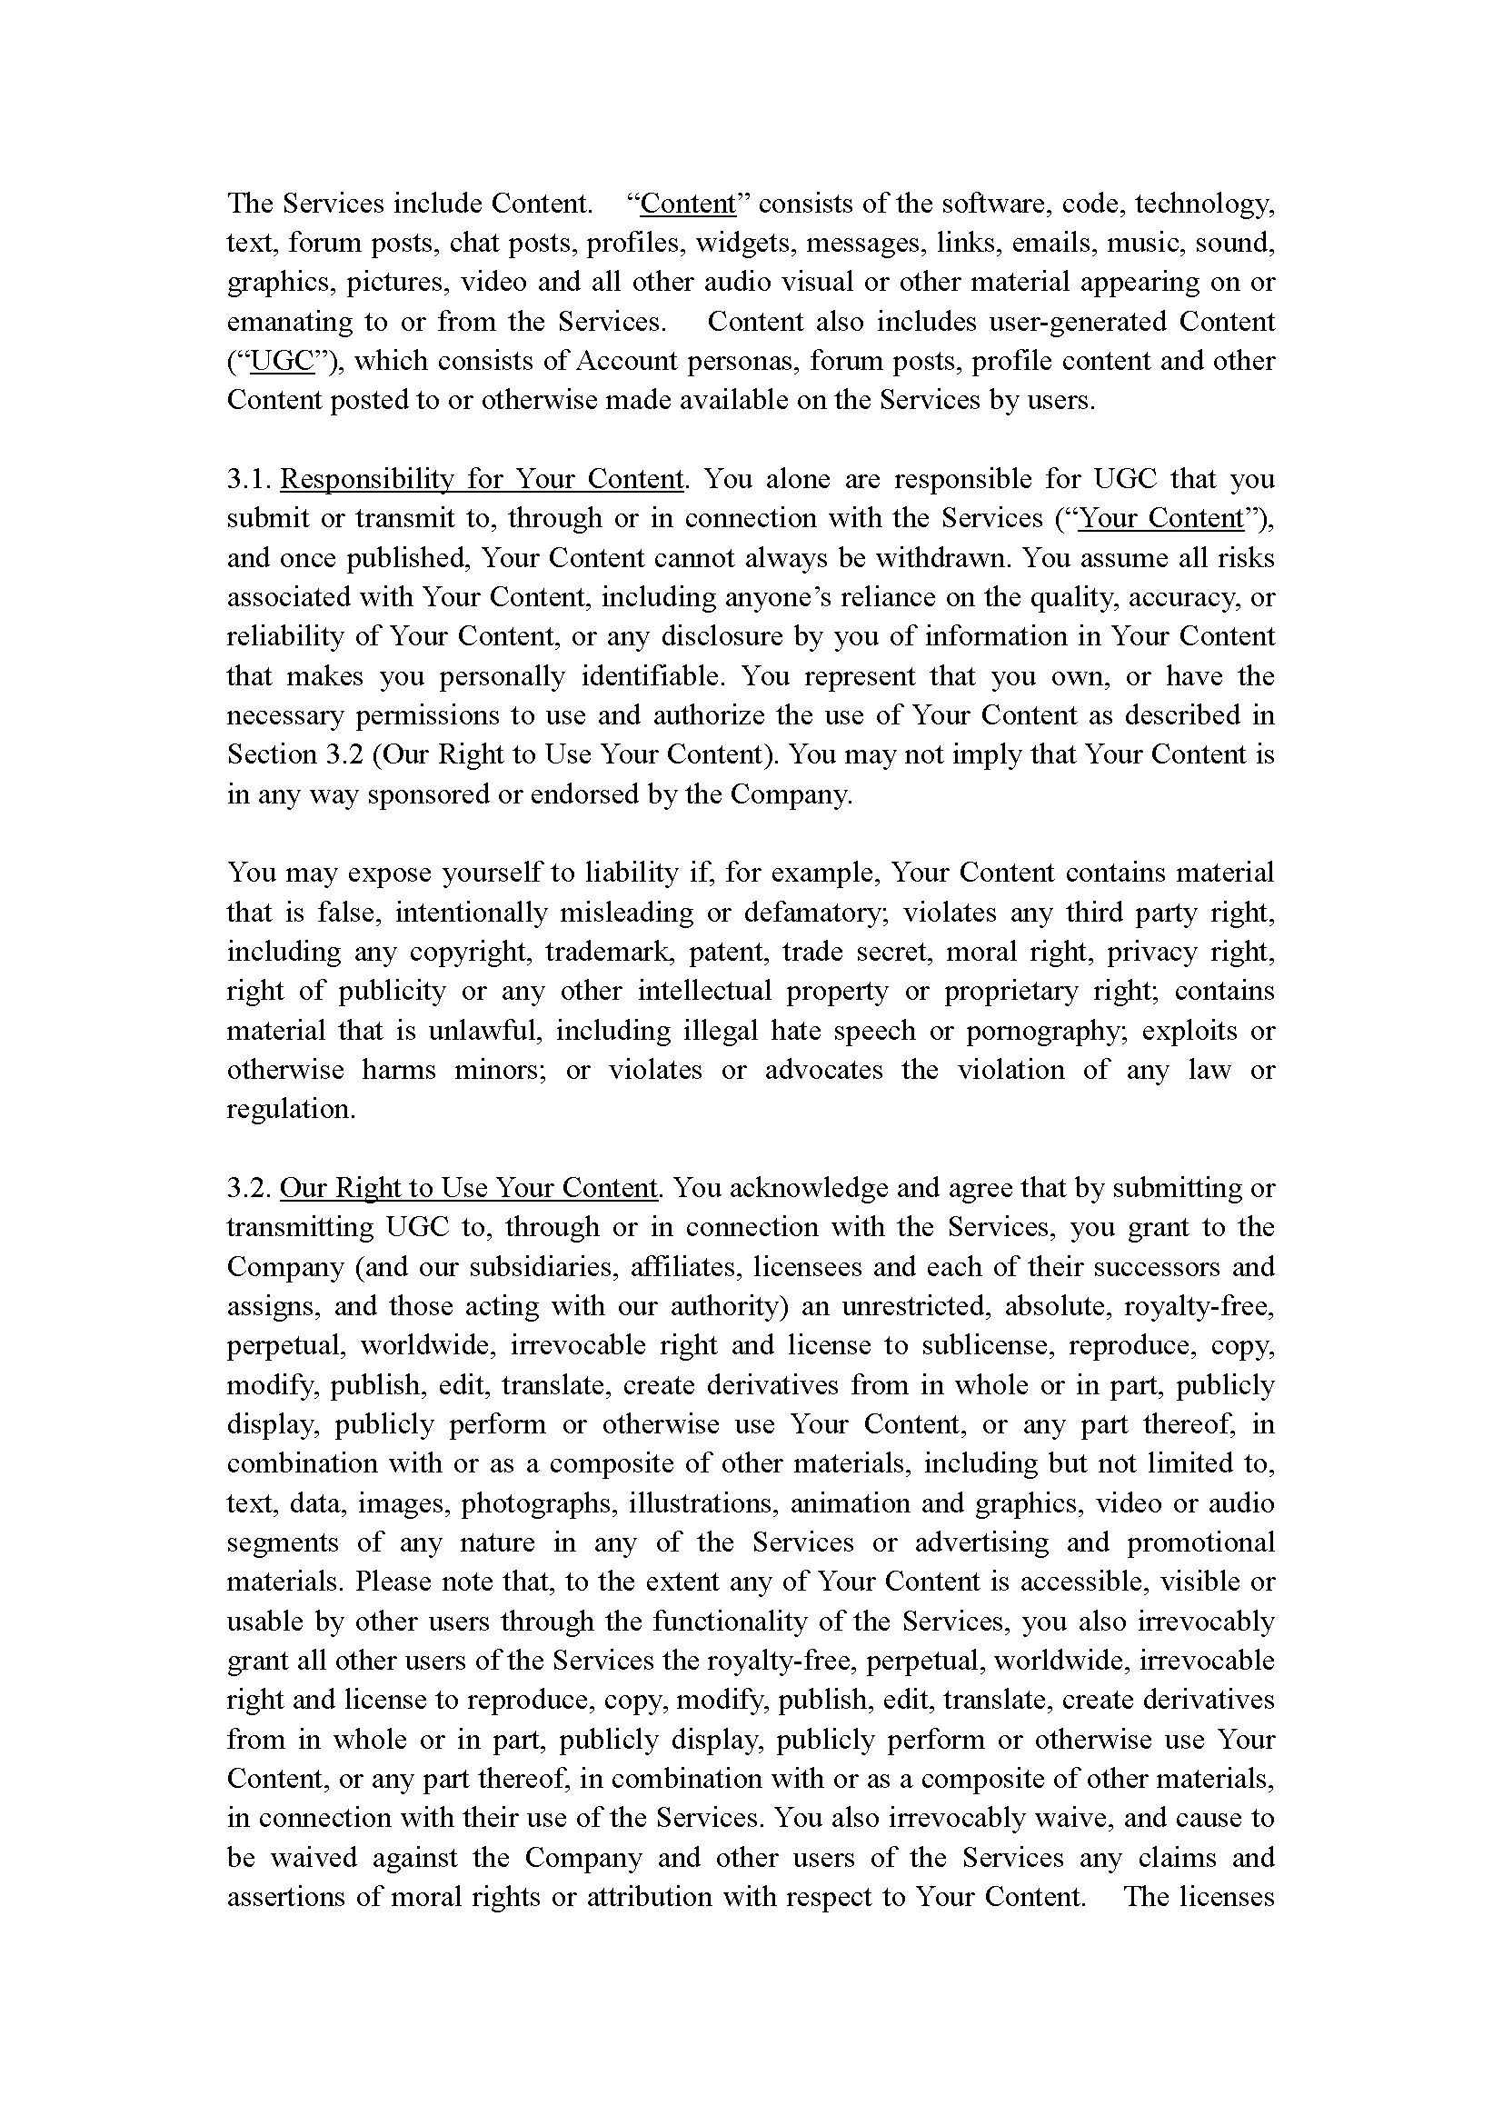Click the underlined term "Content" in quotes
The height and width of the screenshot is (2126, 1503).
point(687,203)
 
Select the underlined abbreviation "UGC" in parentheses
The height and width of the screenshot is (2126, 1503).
point(282,360)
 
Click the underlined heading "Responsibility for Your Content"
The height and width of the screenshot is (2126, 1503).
point(482,479)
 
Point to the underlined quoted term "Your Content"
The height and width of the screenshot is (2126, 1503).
point(1161,517)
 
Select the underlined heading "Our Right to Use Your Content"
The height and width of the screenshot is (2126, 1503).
point(468,1187)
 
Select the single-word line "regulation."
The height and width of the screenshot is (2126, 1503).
point(291,1108)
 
